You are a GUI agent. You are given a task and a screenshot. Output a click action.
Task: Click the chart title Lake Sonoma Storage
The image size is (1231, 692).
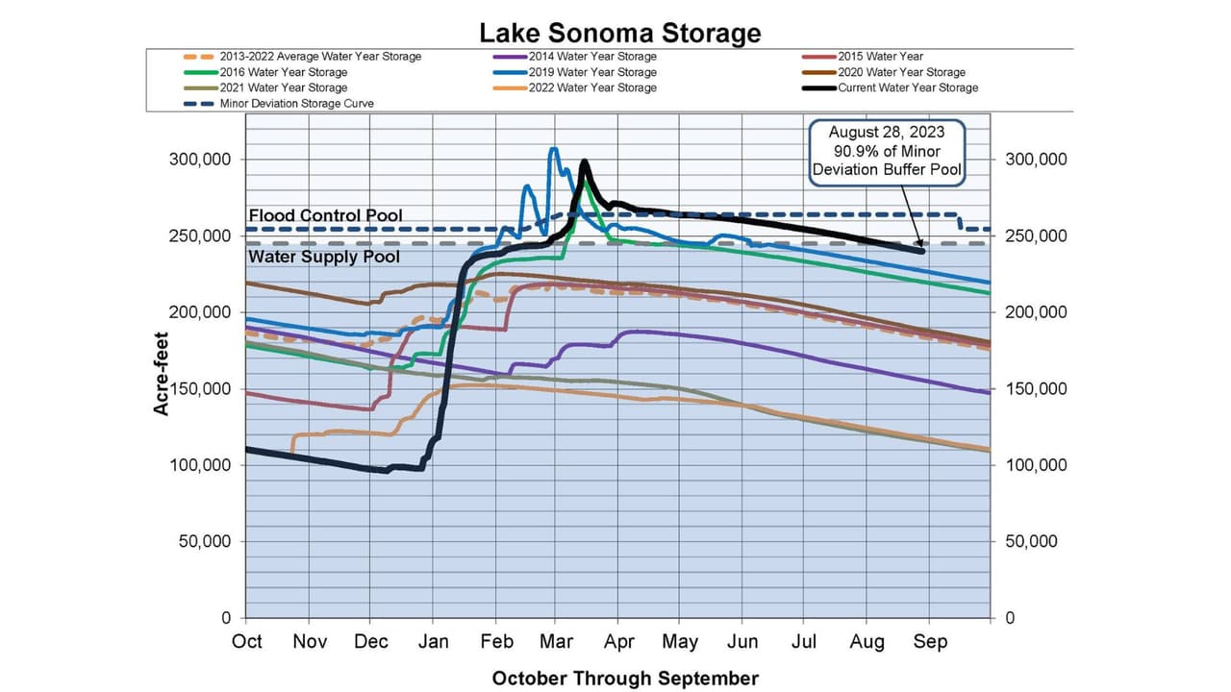click(620, 33)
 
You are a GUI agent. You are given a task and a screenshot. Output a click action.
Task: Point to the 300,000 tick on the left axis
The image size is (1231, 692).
click(200, 160)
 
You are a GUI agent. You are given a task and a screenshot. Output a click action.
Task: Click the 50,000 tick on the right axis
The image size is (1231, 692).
click(1031, 541)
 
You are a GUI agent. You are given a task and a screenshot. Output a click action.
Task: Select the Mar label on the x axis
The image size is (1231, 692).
click(557, 641)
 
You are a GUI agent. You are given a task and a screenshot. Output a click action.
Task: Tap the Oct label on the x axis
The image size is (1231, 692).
click(247, 641)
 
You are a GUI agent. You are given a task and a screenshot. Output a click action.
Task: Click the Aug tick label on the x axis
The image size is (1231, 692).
click(867, 641)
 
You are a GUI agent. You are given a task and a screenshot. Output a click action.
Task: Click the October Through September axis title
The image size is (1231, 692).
click(625, 679)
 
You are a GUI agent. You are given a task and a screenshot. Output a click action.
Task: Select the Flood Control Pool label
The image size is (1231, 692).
click(325, 216)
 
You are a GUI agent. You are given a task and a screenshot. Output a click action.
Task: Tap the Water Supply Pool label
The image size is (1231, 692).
click(325, 257)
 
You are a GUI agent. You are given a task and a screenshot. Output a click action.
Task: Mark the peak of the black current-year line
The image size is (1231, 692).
click(584, 161)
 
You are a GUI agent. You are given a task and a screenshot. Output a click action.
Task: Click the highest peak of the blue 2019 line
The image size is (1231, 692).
click(553, 149)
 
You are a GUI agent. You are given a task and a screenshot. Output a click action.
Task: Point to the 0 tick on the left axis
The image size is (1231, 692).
click(226, 618)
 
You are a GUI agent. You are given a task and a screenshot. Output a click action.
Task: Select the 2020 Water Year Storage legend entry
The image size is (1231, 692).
click(901, 72)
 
